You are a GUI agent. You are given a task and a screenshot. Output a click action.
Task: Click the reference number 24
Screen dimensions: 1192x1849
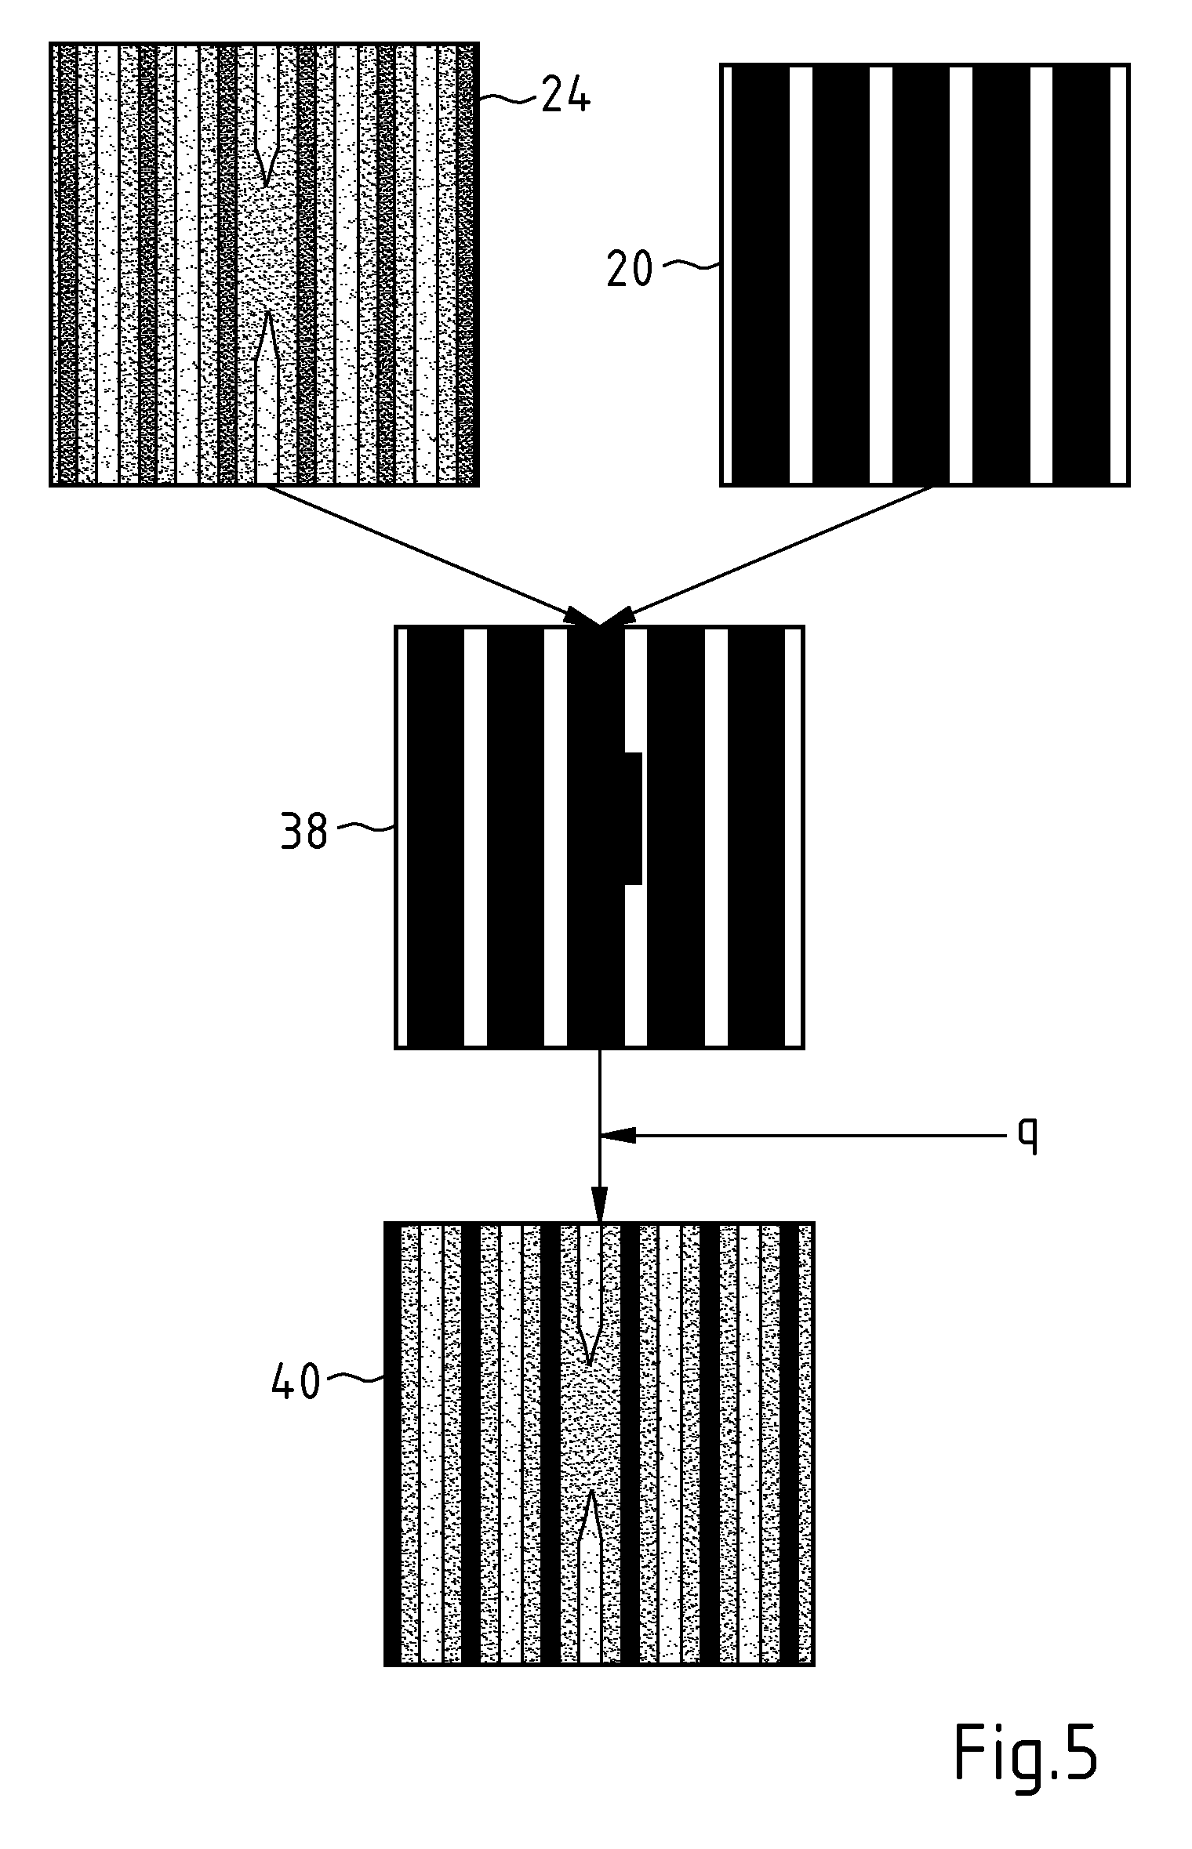[565, 98]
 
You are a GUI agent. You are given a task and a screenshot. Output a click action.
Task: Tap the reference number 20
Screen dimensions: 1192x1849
[629, 269]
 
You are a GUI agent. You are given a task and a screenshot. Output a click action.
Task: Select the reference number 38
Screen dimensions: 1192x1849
[303, 831]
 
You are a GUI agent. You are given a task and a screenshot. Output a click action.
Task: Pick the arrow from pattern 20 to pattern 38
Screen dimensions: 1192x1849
[766, 556]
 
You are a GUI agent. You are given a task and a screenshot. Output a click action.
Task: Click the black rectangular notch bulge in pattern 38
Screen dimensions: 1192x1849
[634, 819]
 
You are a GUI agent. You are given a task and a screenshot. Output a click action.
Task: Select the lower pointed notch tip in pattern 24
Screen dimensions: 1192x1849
[267, 312]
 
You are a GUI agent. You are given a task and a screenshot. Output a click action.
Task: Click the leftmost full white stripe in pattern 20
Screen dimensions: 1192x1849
[801, 274]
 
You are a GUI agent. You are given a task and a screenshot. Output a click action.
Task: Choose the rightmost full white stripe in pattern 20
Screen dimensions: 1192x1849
[1041, 274]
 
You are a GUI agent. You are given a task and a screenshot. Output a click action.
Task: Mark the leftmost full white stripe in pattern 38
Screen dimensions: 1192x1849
[475, 836]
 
